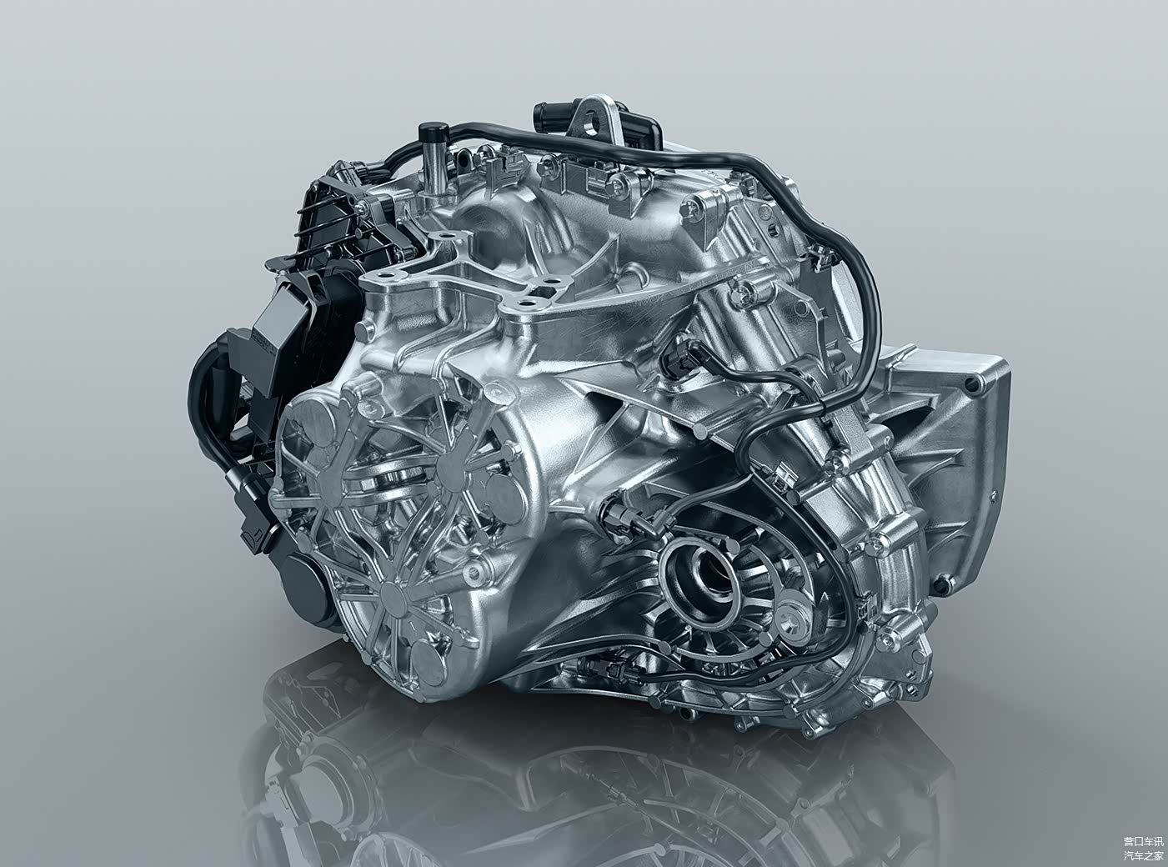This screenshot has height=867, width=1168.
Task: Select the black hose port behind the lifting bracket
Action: (x=549, y=117)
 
